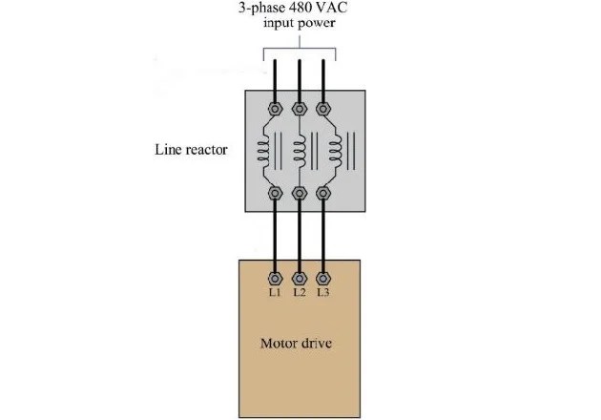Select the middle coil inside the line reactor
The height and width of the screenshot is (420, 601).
tap(300, 150)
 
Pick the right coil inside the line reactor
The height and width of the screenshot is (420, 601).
tap(335, 150)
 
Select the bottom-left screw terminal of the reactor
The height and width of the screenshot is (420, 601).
tap(275, 194)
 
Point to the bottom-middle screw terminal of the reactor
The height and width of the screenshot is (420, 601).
tap(300, 194)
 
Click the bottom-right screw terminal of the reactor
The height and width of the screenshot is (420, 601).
tap(324, 194)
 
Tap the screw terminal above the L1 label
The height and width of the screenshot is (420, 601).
tap(275, 277)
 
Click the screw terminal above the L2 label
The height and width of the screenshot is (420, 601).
tap(300, 277)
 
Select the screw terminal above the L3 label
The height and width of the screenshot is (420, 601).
tap(324, 277)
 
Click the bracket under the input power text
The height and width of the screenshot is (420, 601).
tap(300, 44)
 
